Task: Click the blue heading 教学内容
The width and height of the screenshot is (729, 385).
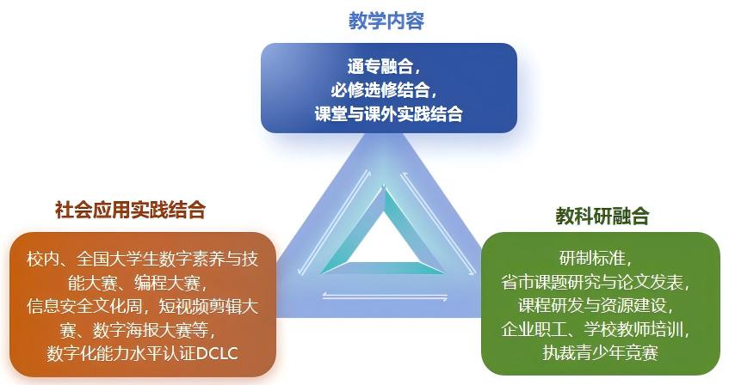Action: pyautogui.click(x=386, y=21)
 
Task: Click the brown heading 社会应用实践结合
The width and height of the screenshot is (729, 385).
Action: pyautogui.click(x=130, y=210)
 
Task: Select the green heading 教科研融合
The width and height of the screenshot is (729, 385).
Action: pyautogui.click(x=602, y=216)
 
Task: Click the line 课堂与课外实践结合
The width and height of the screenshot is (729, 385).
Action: pyautogui.click(x=389, y=113)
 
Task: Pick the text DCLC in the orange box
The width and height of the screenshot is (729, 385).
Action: pyautogui.click(x=218, y=354)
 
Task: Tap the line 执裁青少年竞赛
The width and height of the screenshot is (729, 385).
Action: pyautogui.click(x=601, y=352)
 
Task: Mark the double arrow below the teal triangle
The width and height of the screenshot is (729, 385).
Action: pyautogui.click(x=385, y=296)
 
